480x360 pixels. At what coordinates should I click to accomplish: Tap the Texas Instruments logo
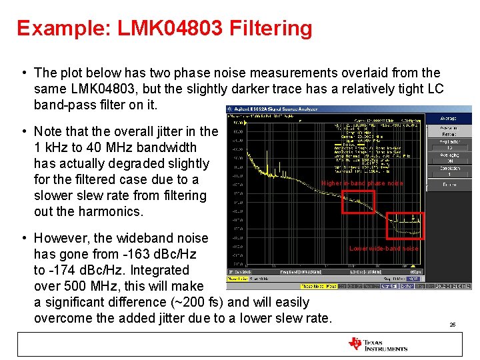click(377, 344)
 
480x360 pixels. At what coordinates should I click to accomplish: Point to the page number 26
click(452, 325)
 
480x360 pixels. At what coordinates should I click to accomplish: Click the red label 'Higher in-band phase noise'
click(362, 183)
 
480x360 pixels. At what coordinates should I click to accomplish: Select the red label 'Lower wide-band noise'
click(384, 249)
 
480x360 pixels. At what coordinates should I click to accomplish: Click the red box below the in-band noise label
click(358, 201)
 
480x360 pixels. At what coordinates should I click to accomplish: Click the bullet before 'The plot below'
click(24, 73)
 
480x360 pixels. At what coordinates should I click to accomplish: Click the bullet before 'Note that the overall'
click(24, 131)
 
